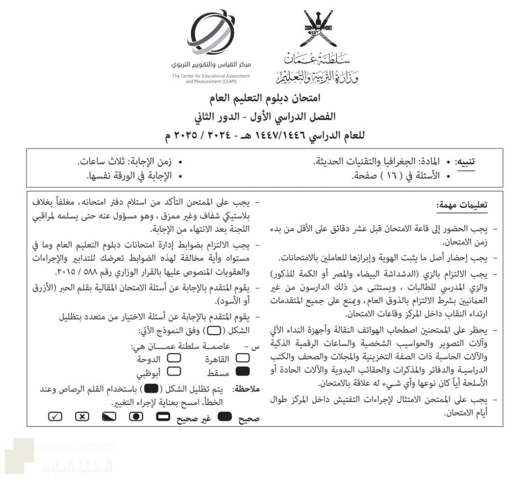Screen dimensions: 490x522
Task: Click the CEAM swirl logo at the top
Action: [x=213, y=33]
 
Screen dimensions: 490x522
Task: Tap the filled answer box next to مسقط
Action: [x=244, y=371]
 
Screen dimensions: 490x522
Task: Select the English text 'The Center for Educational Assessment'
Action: [x=211, y=76]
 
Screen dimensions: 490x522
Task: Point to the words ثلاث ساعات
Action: [x=96, y=162]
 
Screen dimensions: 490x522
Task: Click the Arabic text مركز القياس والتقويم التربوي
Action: [x=211, y=65]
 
